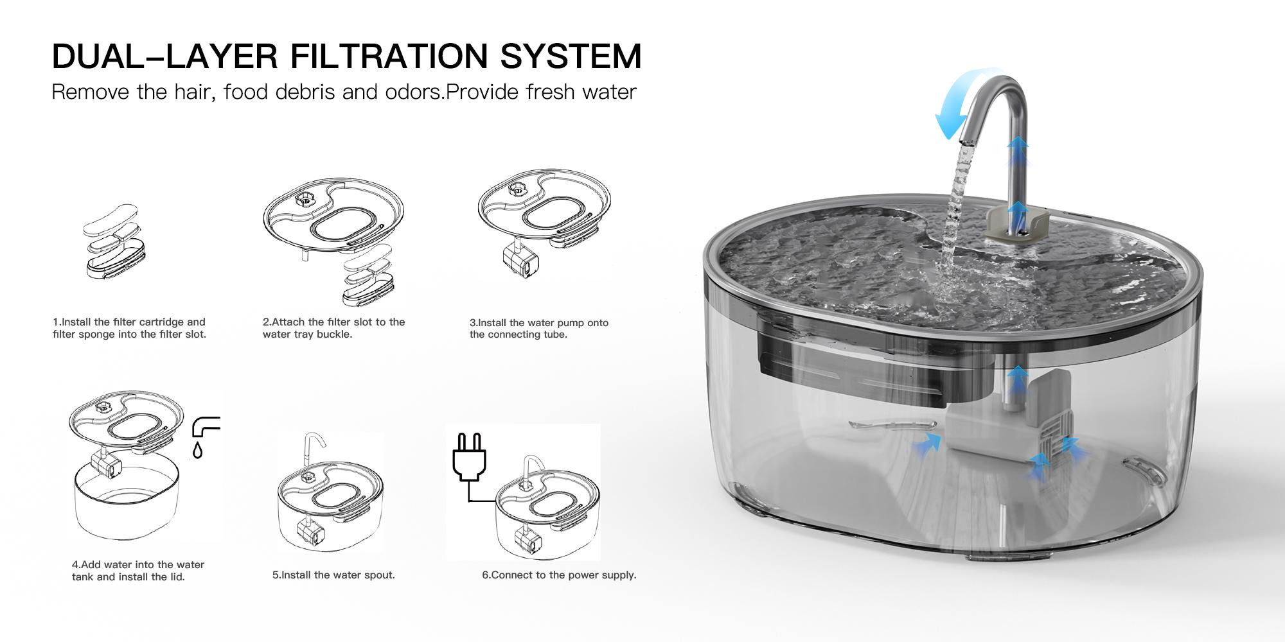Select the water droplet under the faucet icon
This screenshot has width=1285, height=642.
(x=198, y=450)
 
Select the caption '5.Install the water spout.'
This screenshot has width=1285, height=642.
(x=333, y=575)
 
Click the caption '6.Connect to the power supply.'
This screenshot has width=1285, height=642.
(x=559, y=575)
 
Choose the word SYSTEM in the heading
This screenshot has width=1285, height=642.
(x=570, y=56)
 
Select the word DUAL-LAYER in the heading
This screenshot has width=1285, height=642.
(x=164, y=56)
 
